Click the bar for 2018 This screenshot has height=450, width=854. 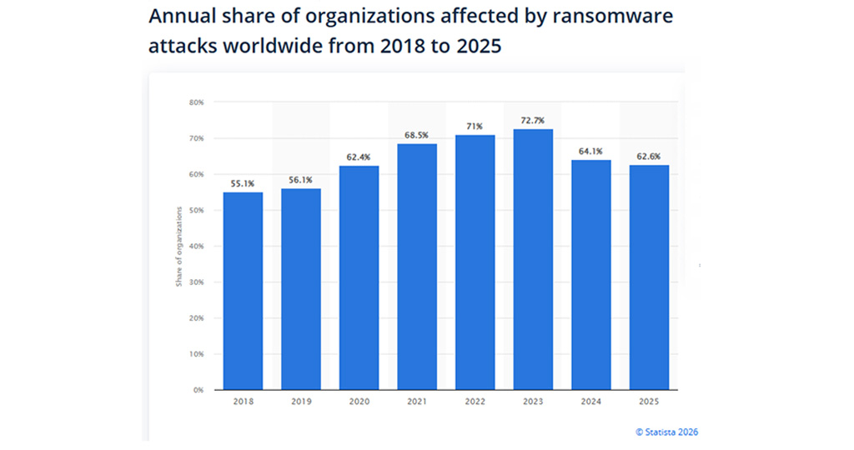click(243, 291)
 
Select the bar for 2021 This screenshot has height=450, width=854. click(417, 267)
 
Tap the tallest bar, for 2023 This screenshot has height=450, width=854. click(533, 259)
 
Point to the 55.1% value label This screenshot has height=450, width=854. click(243, 183)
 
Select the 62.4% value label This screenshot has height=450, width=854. click(359, 157)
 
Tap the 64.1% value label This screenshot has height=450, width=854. click(591, 151)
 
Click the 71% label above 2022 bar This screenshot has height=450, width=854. click(475, 127)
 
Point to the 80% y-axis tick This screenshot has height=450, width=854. click(197, 102)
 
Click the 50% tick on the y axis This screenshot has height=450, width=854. click(197, 211)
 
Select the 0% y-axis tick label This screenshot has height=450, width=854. click(198, 390)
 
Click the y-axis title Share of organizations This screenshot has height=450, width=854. click(178, 246)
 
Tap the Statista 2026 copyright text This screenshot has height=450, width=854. click(666, 432)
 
